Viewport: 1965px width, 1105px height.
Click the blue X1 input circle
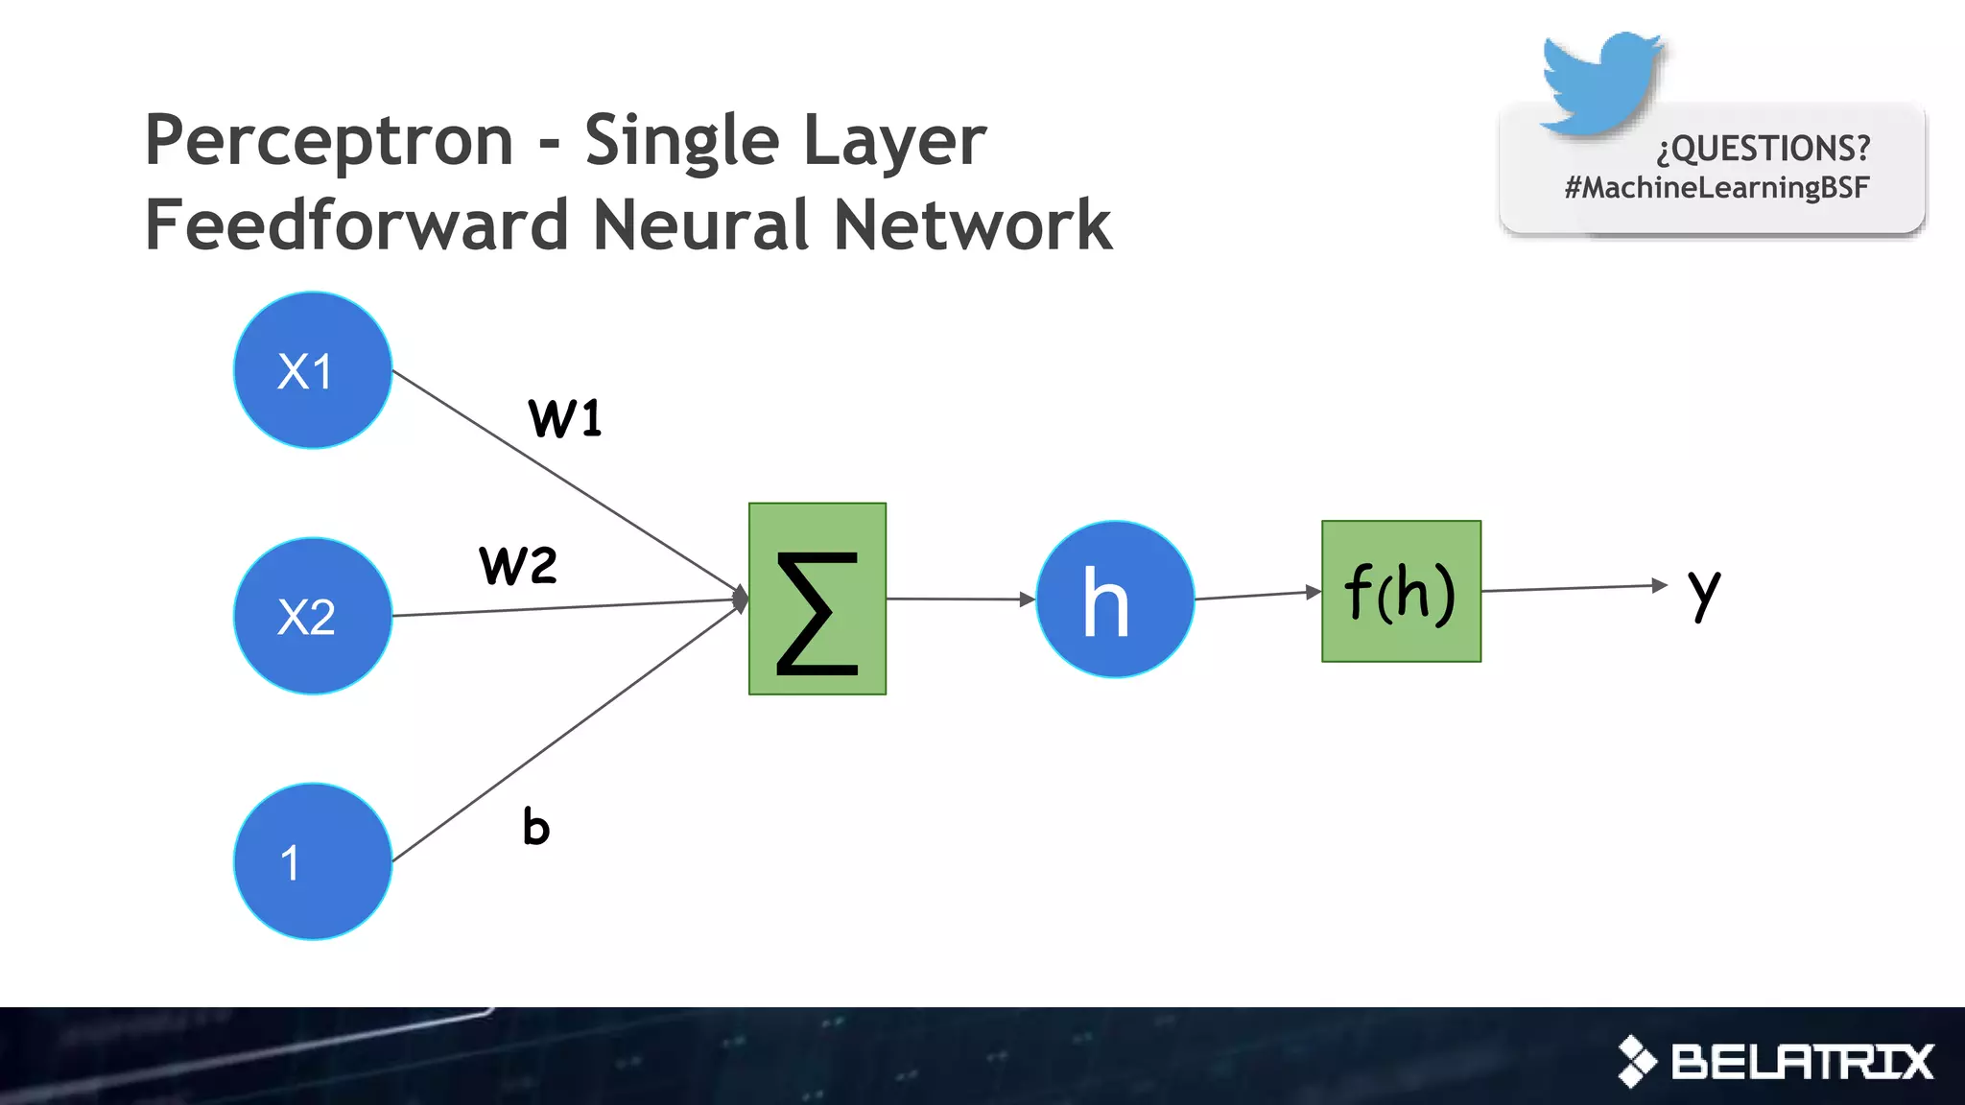click(x=313, y=370)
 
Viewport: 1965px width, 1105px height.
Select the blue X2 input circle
click(x=313, y=616)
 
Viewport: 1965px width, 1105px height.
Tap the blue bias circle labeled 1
click(x=313, y=861)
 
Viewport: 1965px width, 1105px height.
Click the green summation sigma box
click(x=817, y=599)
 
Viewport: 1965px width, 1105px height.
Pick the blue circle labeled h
click(x=1115, y=600)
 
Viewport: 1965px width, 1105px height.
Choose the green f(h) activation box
click(x=1401, y=591)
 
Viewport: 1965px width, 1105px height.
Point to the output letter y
click(x=1704, y=592)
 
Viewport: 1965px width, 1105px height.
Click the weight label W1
click(x=565, y=418)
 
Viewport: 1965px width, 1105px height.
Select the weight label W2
click(x=518, y=564)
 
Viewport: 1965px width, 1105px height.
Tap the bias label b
click(x=536, y=826)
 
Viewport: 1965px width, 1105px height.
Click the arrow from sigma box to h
click(x=959, y=599)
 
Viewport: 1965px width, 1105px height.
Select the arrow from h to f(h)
click(x=1257, y=595)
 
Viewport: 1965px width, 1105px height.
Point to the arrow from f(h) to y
click(x=1574, y=587)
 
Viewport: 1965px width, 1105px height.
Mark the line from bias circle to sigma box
click(x=566, y=734)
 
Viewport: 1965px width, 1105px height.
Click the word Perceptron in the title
click(x=329, y=140)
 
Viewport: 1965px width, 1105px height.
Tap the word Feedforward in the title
click(x=357, y=224)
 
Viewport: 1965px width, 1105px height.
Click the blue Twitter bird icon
click(x=1600, y=82)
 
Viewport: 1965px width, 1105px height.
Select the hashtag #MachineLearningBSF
click(x=1716, y=187)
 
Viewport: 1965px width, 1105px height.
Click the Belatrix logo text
click(x=1802, y=1062)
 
